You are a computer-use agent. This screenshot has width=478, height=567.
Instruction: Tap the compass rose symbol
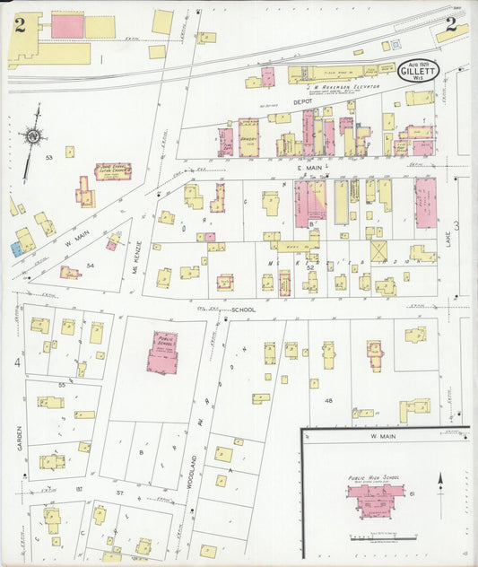[x=34, y=136]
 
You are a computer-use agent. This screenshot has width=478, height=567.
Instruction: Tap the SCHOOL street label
[x=244, y=310]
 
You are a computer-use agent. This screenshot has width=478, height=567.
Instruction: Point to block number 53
[x=49, y=157]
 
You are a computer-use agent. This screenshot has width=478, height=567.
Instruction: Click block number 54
[x=91, y=266]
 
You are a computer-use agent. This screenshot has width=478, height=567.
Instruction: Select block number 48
[x=328, y=400]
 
